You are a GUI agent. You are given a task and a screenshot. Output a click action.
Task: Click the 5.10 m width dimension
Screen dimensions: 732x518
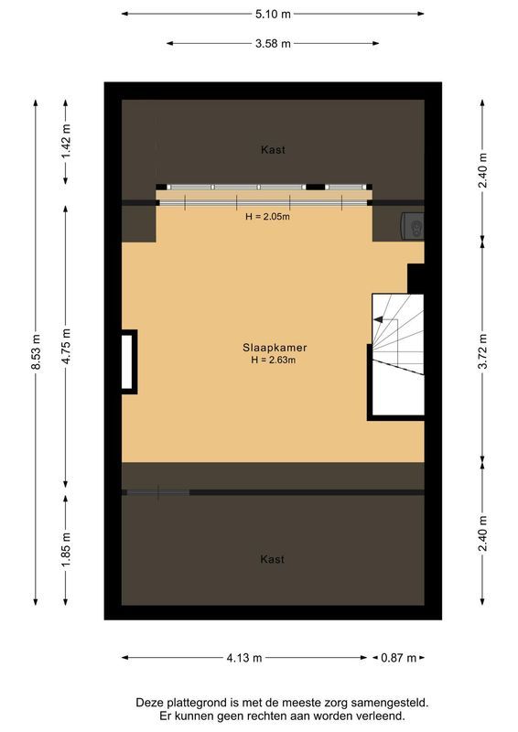coord(273,14)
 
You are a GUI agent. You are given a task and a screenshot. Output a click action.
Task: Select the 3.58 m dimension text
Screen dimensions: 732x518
coord(273,43)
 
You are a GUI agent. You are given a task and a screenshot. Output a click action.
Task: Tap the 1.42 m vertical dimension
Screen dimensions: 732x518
coord(65,142)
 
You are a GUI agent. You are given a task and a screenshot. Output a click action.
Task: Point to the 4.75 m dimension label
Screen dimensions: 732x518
coord(65,346)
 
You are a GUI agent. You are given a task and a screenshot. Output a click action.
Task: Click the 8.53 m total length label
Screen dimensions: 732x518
coord(36,350)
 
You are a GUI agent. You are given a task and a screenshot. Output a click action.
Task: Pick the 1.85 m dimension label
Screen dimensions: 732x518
coord(65,549)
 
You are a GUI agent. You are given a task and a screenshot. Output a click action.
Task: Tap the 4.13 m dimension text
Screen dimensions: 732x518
coord(244,657)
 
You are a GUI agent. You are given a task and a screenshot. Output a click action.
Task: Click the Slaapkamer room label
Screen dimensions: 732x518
coord(274,348)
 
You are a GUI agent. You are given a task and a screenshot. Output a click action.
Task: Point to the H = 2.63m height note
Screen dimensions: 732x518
coord(274,361)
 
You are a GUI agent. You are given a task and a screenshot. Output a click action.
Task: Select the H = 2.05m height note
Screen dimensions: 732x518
coord(267,217)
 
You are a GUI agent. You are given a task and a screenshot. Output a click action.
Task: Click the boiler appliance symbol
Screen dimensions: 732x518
coord(412,225)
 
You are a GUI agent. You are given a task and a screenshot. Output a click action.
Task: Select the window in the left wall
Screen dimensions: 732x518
coord(128,361)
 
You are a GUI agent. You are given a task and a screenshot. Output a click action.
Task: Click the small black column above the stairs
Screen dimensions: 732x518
coord(415,277)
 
